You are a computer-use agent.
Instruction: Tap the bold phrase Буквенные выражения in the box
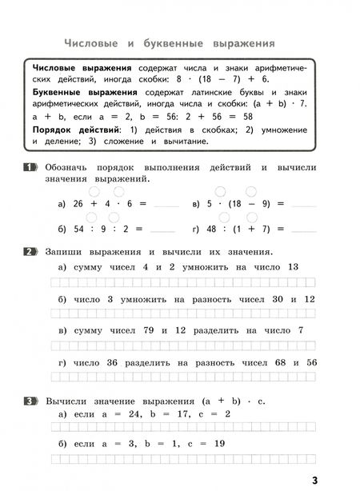click(x=83, y=93)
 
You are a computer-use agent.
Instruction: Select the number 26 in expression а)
click(x=79, y=205)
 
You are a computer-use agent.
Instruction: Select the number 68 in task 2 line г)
click(x=276, y=362)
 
